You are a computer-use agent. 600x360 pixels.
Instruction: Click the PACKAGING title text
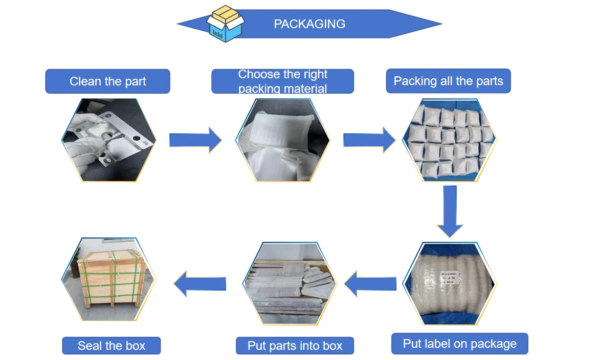[x=309, y=24]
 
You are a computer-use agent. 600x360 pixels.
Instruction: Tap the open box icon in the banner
[x=226, y=24]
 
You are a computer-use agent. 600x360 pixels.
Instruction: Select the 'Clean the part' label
[x=107, y=81]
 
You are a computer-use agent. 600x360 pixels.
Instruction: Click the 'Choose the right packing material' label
[x=282, y=81]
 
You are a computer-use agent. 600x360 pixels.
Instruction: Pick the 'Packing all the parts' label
[x=448, y=81]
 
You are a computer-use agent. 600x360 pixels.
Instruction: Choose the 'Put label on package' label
[x=459, y=344]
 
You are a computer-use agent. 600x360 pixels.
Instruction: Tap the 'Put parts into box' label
[x=295, y=346]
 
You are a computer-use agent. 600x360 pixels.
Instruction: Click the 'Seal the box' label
[x=112, y=346]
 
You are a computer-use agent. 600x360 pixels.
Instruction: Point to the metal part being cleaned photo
[x=109, y=140]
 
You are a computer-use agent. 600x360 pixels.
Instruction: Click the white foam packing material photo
[x=282, y=140]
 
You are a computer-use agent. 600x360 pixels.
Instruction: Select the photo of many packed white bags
[x=449, y=140]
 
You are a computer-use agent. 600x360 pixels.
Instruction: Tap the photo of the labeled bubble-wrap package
[x=449, y=284]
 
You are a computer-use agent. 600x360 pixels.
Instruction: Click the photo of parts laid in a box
[x=291, y=284]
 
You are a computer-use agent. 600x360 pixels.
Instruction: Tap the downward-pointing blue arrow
[x=450, y=211]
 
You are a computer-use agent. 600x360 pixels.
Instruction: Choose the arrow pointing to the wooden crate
[x=200, y=284]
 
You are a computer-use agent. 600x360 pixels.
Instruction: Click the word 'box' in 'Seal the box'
[x=136, y=346]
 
